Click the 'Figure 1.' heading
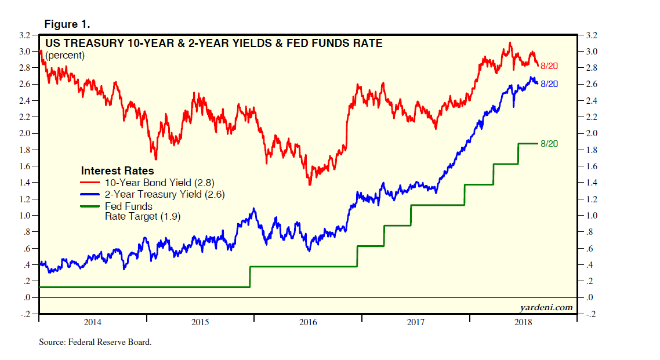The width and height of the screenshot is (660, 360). pos(67,24)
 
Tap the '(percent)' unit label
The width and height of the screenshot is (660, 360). pos(65,56)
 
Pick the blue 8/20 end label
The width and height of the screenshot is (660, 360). pos(549,84)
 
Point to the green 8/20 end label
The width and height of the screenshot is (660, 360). pos(549,143)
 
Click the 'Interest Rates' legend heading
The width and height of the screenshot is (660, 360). pos(117,171)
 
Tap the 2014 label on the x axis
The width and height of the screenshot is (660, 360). pos(93,322)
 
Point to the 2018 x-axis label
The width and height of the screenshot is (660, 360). pos(524,322)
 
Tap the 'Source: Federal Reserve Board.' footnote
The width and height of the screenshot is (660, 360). pos(95,342)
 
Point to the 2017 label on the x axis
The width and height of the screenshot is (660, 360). pos(416,322)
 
